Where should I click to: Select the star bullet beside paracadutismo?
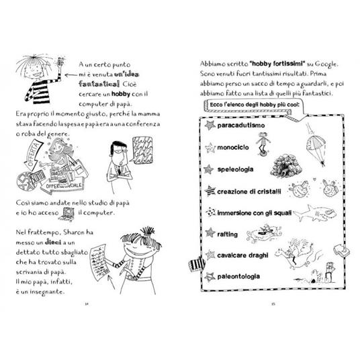coord(210,126)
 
